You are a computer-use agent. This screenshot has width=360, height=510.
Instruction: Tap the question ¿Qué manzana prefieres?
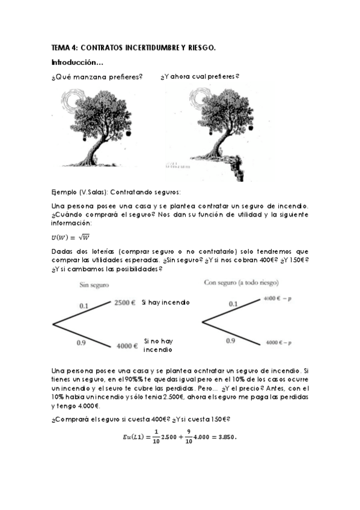click(97, 77)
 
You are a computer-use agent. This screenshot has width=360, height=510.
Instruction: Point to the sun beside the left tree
click(78, 100)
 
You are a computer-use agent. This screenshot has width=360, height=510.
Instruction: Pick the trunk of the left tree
click(100, 144)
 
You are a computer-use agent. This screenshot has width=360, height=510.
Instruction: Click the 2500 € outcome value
click(125, 303)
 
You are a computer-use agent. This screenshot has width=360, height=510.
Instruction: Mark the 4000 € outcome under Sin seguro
click(127, 346)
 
